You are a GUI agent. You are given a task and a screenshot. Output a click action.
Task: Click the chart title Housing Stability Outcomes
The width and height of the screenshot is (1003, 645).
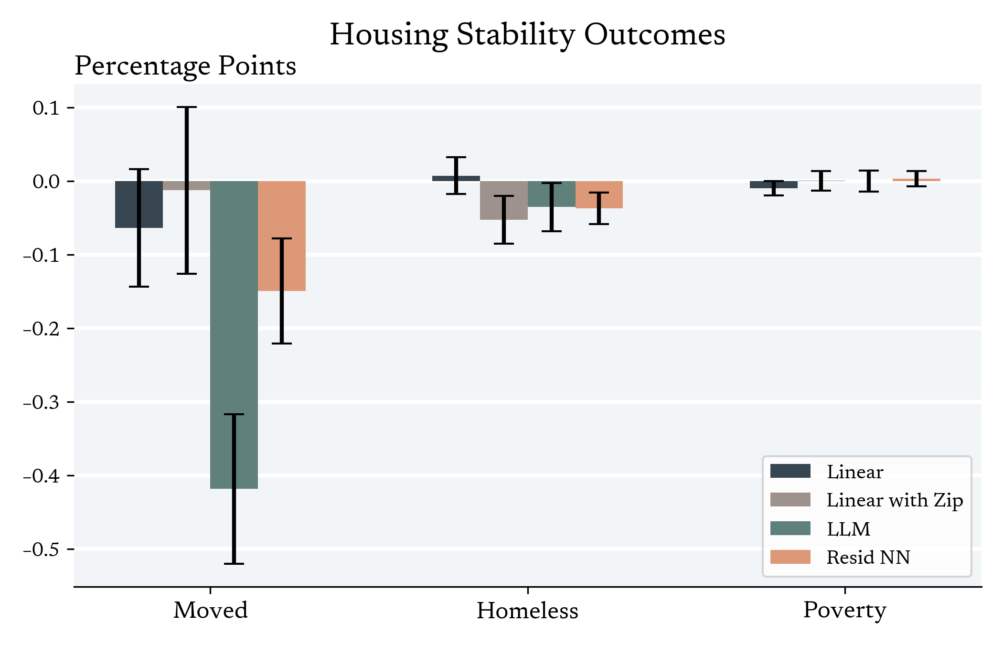pos(527,35)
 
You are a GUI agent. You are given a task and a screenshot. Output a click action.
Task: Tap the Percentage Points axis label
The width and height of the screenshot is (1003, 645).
pos(185,66)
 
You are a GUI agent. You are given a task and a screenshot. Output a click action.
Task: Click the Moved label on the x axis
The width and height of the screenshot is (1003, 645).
pos(210,611)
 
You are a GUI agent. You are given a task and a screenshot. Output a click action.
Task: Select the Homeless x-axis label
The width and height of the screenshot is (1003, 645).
pos(527,611)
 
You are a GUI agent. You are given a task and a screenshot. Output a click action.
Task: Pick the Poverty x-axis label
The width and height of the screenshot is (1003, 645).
pos(844,611)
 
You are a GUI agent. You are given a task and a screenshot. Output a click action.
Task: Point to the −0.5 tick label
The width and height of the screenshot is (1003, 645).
pos(42,549)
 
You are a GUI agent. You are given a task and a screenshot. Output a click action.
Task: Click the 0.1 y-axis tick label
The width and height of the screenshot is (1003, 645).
pos(46,108)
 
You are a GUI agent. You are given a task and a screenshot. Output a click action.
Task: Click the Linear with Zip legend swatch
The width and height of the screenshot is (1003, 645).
pos(790,500)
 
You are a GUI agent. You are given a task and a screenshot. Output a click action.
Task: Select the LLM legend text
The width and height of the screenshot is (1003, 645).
pos(848,529)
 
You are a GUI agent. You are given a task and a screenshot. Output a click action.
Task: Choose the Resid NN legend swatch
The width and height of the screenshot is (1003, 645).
pos(790,557)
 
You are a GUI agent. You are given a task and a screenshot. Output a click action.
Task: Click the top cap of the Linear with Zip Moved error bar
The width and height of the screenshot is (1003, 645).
pos(187,107)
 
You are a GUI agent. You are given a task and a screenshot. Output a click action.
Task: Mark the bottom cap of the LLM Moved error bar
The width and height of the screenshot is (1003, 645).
pos(234,564)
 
